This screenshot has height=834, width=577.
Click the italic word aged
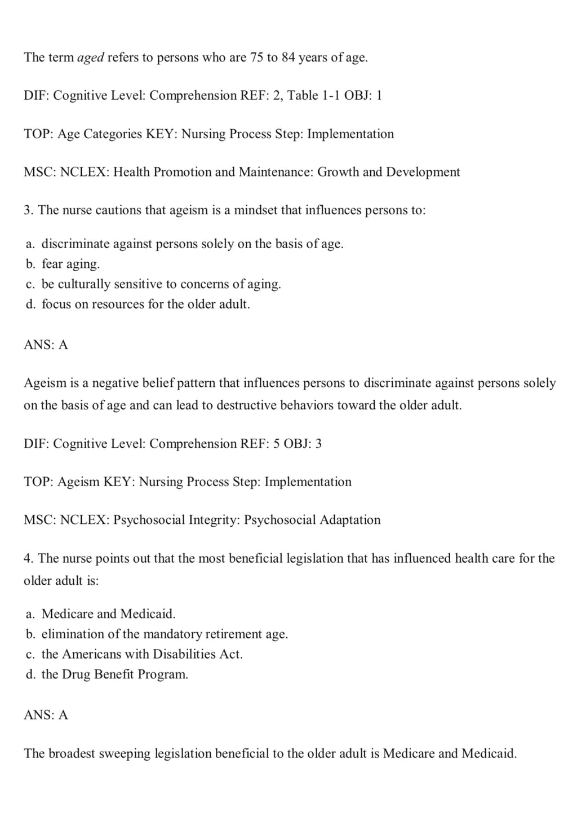point(90,58)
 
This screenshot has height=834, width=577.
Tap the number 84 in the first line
point(288,58)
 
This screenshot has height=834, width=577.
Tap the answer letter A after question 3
point(63,345)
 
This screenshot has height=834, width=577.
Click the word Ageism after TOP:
point(78,482)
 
